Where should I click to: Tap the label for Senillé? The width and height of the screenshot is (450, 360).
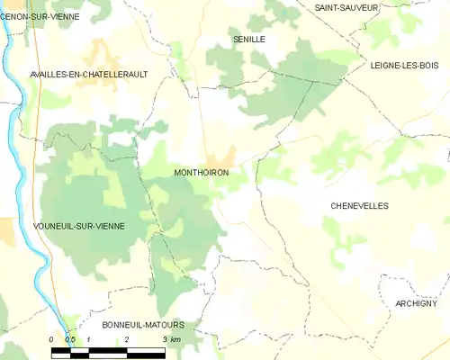249,40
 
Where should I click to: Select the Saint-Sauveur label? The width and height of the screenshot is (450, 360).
346,7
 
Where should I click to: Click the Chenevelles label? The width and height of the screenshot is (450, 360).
359,205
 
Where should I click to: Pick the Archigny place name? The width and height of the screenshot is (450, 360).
416,303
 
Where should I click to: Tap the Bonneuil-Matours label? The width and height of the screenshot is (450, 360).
143,324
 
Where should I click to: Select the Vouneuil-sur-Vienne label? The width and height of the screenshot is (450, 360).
78,225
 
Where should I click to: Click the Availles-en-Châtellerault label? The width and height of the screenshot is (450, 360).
88,74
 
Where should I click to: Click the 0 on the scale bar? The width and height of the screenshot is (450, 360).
52,338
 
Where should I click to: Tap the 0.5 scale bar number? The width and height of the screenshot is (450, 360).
69,338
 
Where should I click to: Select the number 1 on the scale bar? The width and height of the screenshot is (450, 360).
89,338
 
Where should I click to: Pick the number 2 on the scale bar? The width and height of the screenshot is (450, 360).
127,338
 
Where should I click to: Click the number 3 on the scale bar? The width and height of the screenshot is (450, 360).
165,338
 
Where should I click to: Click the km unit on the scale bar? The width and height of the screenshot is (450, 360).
176,338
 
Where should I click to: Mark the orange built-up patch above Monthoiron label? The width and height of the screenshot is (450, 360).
222,157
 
